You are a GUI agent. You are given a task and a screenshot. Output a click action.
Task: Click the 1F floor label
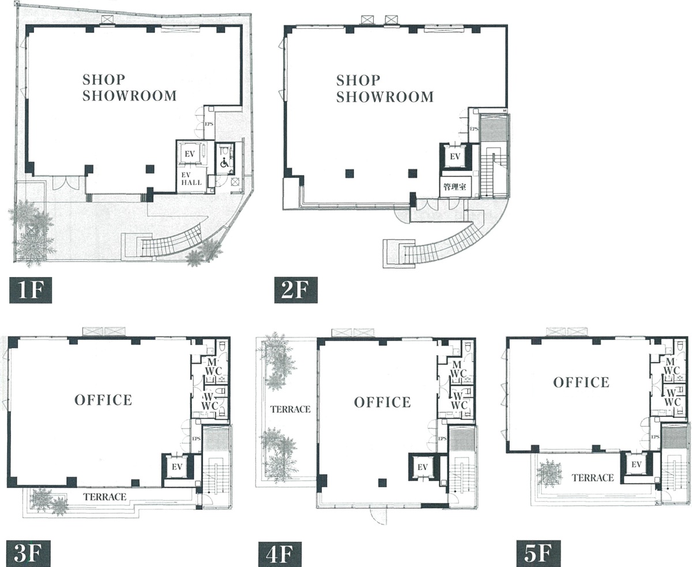(x=31, y=290)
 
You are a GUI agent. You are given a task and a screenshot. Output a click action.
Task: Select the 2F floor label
(x=296, y=290)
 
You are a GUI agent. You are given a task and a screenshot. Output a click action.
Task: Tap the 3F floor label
(x=29, y=554)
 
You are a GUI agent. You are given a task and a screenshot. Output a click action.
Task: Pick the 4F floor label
(x=280, y=554)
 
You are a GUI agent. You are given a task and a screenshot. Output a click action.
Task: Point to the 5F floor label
(x=539, y=554)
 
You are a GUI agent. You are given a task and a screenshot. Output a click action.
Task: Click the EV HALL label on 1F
(x=191, y=179)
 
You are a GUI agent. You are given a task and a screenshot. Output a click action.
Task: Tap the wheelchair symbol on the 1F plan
(x=224, y=162)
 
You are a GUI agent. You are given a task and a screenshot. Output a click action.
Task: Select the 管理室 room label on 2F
(x=454, y=187)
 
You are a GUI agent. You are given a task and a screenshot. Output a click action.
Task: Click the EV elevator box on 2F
(x=455, y=156)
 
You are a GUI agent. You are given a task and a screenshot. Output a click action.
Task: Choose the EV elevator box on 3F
(x=177, y=467)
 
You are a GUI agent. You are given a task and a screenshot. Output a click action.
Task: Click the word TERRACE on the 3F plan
(x=105, y=497)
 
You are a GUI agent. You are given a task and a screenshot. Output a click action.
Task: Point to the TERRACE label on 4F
(x=291, y=409)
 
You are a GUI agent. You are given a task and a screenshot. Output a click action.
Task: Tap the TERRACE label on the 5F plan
(x=593, y=478)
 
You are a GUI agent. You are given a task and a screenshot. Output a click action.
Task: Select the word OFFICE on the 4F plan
(x=382, y=402)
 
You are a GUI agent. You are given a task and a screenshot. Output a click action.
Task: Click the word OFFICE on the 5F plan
(x=581, y=382)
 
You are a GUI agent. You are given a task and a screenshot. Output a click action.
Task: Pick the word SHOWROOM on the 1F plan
(x=130, y=96)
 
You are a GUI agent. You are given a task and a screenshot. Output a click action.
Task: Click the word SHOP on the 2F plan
(x=358, y=80)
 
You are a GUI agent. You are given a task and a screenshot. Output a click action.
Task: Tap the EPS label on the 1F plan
(x=209, y=124)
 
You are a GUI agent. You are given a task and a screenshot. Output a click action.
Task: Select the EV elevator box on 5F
(x=636, y=464)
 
